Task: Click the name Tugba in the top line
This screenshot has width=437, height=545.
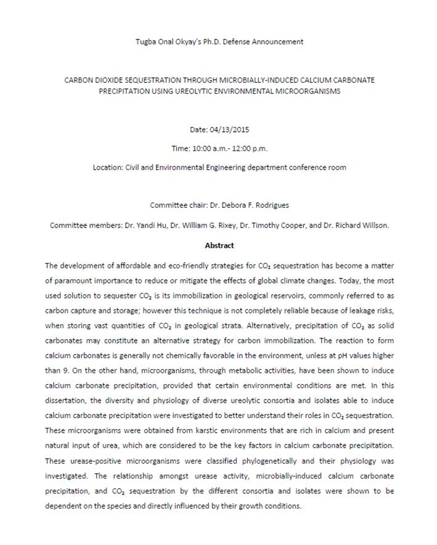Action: (145, 42)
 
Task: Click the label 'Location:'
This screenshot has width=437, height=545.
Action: (107, 167)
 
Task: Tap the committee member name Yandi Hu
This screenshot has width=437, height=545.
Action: (153, 226)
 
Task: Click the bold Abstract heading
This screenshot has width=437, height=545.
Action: (219, 245)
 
